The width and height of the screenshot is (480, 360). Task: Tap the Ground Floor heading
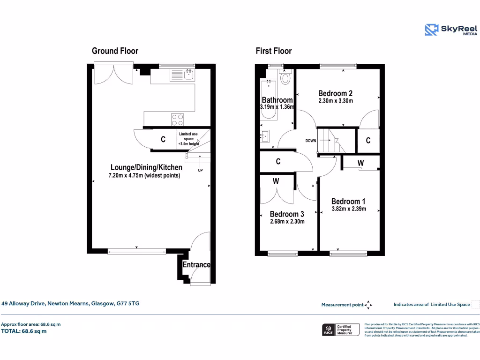point(115,51)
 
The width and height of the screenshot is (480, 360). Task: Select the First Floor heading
point(273,51)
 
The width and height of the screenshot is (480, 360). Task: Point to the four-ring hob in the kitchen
point(177,120)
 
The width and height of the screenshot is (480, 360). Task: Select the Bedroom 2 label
point(335,93)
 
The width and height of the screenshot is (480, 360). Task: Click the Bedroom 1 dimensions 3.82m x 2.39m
point(349,209)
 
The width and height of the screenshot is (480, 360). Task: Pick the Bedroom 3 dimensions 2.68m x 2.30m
point(287,222)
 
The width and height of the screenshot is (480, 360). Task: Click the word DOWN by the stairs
point(310,141)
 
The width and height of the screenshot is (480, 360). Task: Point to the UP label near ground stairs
point(200,170)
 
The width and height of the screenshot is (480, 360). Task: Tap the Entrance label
point(196,265)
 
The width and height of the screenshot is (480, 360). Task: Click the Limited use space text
point(188,139)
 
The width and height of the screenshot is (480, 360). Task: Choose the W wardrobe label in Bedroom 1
point(360,163)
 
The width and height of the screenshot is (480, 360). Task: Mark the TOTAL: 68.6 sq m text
point(24,331)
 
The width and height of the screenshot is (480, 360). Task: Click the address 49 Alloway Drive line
point(70,304)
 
